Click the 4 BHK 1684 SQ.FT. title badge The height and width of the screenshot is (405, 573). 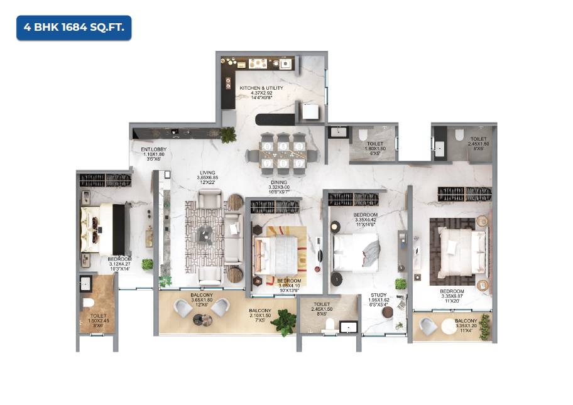74,28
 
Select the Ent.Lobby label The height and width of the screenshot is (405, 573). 153,153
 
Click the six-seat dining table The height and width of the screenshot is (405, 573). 283,152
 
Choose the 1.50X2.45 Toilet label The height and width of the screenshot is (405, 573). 98,320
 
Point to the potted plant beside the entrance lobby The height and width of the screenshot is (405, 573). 228,134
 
